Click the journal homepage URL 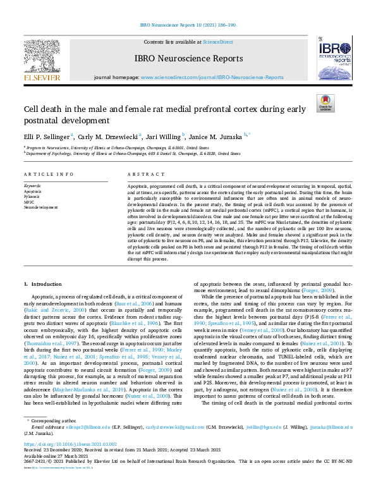(x=212, y=77)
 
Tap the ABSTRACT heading (x=142, y=174)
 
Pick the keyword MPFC (x=30, y=200)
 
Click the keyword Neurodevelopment (x=41, y=206)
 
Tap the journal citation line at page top (x=188, y=26)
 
